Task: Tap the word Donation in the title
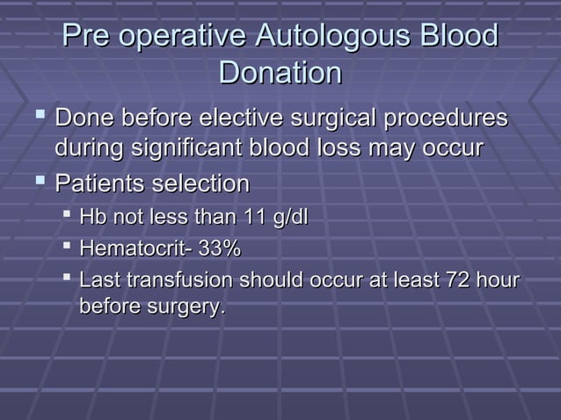coord(280,73)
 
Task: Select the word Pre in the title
coord(86,38)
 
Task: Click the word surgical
coord(330,118)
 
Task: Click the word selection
coord(205,185)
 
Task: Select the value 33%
coord(220,250)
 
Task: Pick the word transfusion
coord(175,281)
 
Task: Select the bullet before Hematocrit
coord(68,250)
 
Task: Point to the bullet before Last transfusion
coord(68,280)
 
